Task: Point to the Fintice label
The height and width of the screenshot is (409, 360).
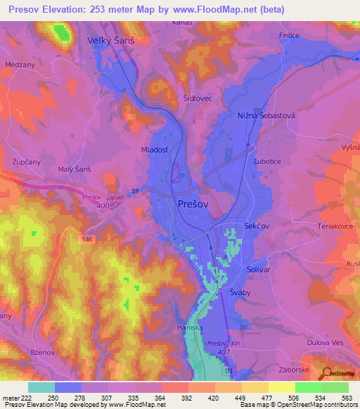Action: [288, 35]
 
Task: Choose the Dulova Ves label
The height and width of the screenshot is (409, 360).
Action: [328, 343]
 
